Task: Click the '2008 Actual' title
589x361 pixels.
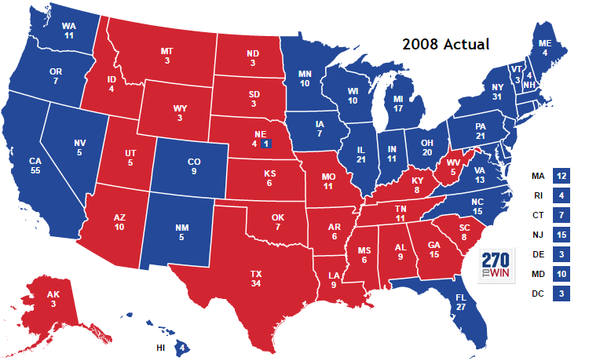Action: [445, 44]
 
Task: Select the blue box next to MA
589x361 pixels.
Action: [561, 177]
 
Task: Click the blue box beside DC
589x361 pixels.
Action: [561, 294]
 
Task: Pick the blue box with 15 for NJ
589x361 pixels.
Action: [561, 235]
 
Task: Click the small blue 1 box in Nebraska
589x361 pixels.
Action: [266, 144]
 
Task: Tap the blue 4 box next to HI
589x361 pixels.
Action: [182, 346]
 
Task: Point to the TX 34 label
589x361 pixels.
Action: [255, 279]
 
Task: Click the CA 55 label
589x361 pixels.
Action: [35, 166]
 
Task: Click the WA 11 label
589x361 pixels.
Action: [68, 31]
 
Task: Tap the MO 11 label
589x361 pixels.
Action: [327, 182]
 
